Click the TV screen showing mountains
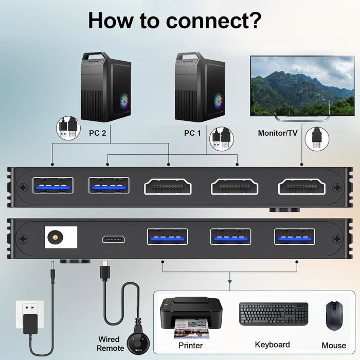302,85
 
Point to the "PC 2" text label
98,133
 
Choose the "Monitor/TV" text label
278,133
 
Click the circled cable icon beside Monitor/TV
317,139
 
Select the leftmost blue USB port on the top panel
53,185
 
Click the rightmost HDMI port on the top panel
301,186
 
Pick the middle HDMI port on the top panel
234,186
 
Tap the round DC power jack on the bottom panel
53,238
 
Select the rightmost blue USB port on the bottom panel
295,236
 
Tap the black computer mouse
334,315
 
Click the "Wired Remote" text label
110,344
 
